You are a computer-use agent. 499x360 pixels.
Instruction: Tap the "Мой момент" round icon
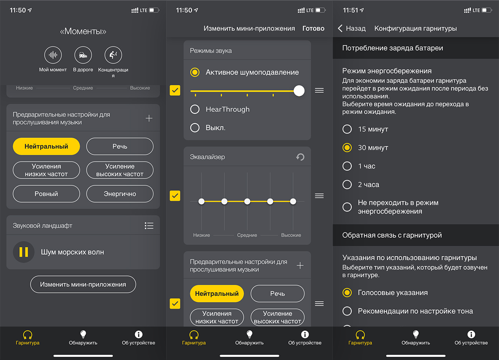click(x=53, y=55)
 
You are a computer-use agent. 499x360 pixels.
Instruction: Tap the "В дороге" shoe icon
click(x=83, y=55)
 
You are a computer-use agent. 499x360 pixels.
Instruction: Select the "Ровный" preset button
click(x=46, y=194)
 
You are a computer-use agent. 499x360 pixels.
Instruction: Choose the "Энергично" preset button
click(x=120, y=194)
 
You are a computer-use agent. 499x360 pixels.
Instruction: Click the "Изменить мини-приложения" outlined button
click(x=83, y=284)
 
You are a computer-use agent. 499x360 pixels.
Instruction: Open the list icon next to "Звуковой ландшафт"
click(x=149, y=226)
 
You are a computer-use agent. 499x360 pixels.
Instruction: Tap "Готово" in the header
click(x=313, y=28)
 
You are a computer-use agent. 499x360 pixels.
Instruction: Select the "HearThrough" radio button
click(x=195, y=109)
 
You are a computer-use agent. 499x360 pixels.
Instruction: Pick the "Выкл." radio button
click(x=195, y=128)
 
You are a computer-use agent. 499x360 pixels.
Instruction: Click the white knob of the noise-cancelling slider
click(x=299, y=91)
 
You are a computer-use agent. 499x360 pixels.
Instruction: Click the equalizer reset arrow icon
click(x=300, y=157)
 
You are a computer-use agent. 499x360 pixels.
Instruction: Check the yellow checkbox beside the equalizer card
click(x=175, y=196)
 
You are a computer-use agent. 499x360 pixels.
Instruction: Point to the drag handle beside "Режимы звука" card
click(x=319, y=91)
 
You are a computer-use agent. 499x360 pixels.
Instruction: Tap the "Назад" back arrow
click(x=340, y=28)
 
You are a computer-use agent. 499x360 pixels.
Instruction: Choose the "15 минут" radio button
click(x=347, y=129)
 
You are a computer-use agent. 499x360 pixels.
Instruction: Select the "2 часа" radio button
click(x=347, y=185)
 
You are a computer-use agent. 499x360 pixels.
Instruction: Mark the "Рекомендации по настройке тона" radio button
click(x=347, y=311)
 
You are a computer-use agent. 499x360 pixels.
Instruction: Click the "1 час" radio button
click(x=347, y=166)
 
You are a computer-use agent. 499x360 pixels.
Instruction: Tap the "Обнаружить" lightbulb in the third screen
click(x=416, y=334)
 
